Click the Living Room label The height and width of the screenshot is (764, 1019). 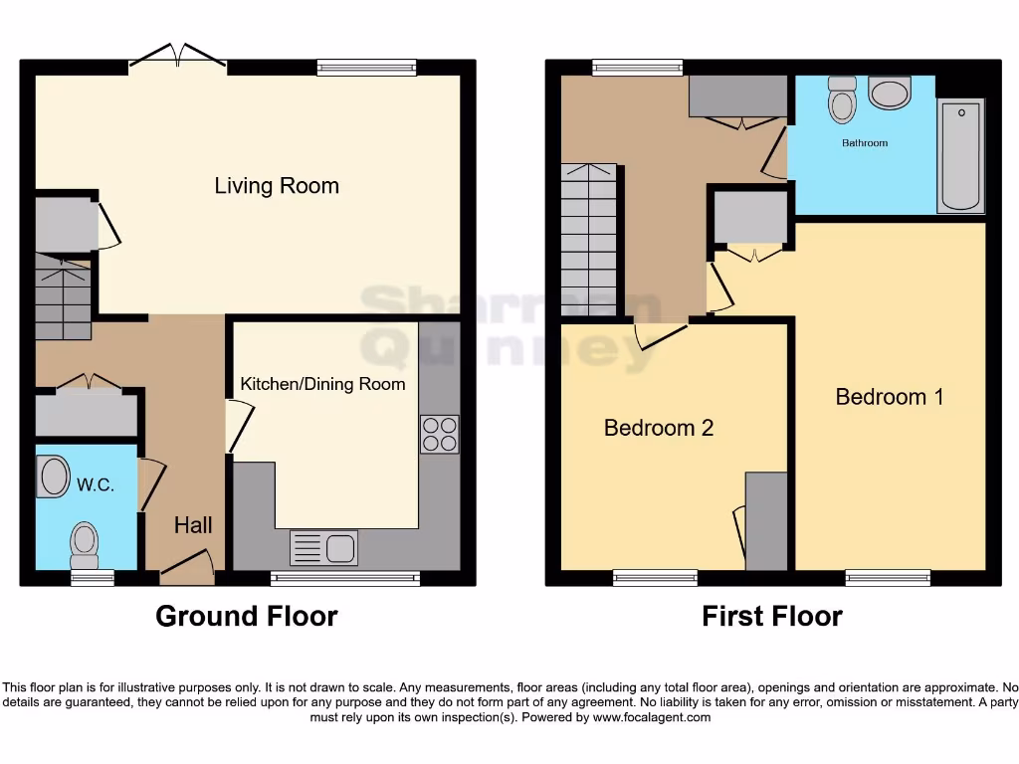[x=277, y=186]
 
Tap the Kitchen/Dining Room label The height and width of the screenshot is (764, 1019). [x=322, y=384]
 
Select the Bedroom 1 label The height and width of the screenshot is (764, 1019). [x=889, y=397]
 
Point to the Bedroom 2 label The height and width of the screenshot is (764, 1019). [x=659, y=428]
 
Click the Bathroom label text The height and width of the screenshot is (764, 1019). [x=865, y=143]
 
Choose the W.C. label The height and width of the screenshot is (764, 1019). [x=96, y=485]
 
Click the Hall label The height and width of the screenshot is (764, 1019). [x=193, y=525]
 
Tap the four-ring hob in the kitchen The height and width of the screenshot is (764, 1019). [x=439, y=434]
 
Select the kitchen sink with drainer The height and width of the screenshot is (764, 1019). [x=323, y=548]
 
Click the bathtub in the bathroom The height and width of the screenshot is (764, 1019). [x=961, y=155]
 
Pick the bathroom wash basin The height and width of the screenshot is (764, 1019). [x=889, y=94]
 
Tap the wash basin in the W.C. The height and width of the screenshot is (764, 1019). [x=53, y=477]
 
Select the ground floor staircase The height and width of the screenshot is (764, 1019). [x=63, y=296]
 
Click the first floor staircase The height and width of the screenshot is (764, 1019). [x=588, y=239]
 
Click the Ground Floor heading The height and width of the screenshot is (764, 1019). [x=246, y=617]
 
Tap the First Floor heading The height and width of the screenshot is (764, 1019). [x=772, y=617]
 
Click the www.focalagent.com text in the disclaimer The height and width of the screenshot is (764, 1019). [x=652, y=717]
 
